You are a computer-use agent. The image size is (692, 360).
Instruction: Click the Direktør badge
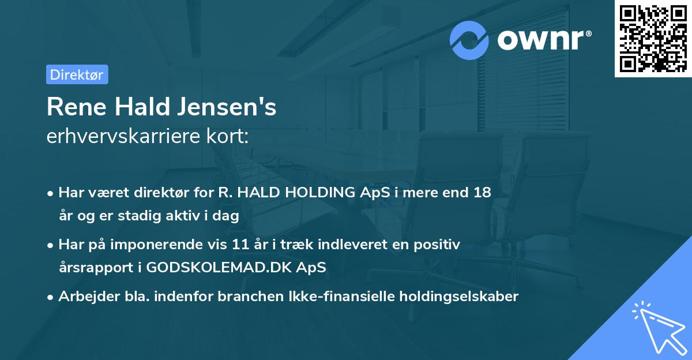click(x=77, y=74)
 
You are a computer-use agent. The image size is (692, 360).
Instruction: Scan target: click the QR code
click(x=653, y=38)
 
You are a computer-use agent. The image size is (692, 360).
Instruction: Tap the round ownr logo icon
click(x=469, y=40)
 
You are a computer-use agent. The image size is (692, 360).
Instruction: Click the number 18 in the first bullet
click(x=482, y=193)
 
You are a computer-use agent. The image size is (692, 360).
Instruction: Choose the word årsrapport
click(x=93, y=268)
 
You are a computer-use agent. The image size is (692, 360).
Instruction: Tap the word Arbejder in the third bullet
click(x=84, y=297)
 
